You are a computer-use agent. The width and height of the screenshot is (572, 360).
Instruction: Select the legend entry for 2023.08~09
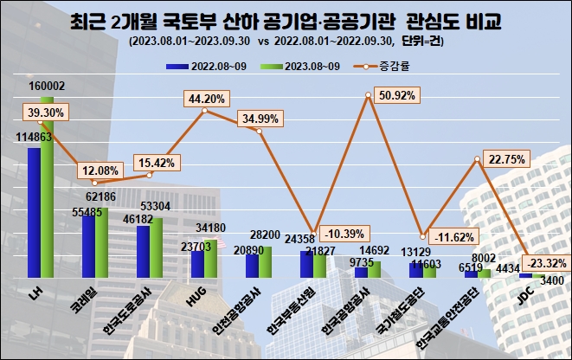point(299,65)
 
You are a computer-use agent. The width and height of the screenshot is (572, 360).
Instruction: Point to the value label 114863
point(32,137)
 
